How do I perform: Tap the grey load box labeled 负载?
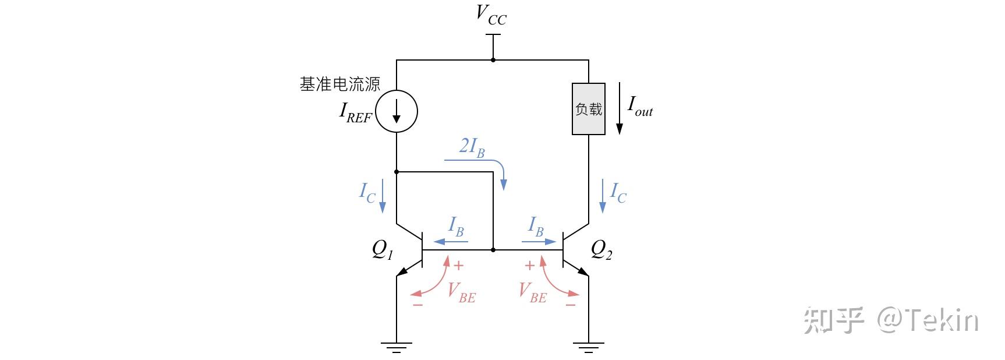(x=589, y=109)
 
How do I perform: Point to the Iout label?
(x=640, y=106)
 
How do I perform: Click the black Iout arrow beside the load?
(x=620, y=109)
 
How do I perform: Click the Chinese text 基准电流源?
(x=340, y=84)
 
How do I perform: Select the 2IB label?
(x=472, y=147)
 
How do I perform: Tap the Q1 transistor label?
(x=383, y=249)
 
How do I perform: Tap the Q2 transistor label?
(x=601, y=249)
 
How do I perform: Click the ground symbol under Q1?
(x=397, y=348)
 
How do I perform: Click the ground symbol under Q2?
(x=589, y=348)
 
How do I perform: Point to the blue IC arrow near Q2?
(x=603, y=196)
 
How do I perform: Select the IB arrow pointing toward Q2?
(x=539, y=241)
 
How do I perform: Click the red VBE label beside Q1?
(x=462, y=292)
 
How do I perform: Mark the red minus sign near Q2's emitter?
(x=571, y=305)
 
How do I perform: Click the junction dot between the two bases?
(x=493, y=249)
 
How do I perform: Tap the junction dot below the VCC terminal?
(x=493, y=59)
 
